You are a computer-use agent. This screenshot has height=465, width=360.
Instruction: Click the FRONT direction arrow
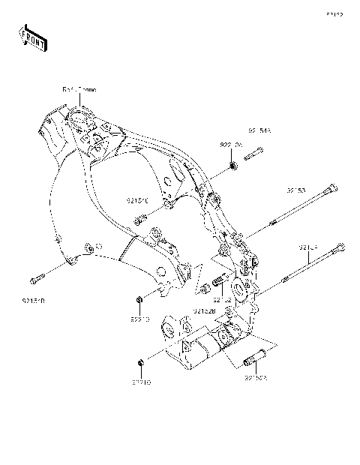33,37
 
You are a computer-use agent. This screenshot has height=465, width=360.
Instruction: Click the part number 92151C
139,201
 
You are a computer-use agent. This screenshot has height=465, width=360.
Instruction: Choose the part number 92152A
256,379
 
